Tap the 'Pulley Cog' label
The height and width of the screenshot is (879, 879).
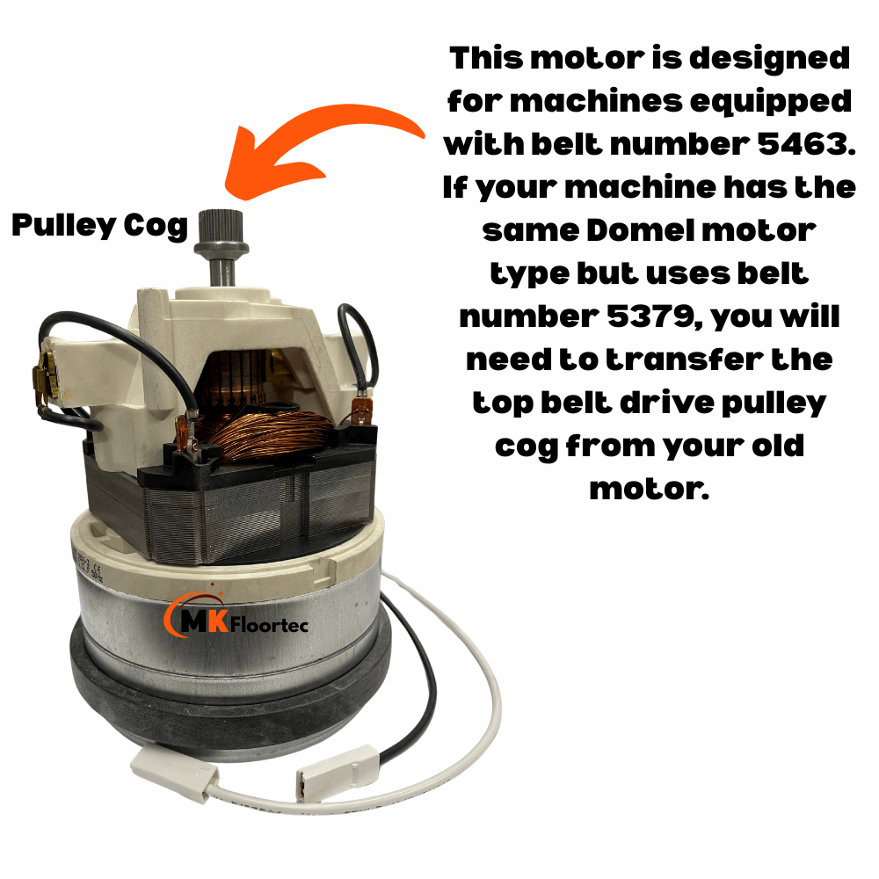(99, 227)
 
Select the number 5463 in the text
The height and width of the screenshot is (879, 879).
(795, 144)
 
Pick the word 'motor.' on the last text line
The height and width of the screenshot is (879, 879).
(649, 489)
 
